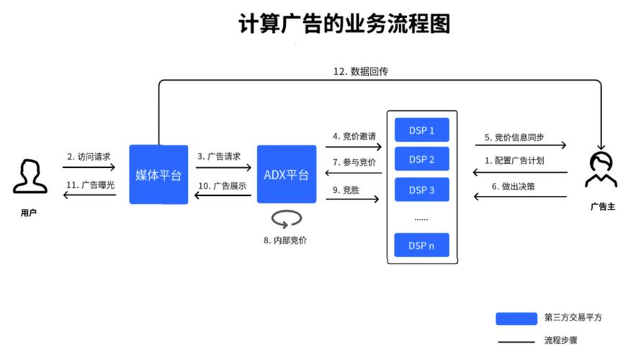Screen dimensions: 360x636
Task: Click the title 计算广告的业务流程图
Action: pos(344,24)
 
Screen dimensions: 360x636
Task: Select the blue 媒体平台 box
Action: pos(158,174)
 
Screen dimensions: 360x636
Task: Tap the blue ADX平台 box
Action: pos(286,174)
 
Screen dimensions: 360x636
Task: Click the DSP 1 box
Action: pos(421,130)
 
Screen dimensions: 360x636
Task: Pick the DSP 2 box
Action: pos(421,159)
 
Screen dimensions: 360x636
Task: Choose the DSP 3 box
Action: pos(421,189)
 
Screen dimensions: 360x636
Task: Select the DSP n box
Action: pos(421,245)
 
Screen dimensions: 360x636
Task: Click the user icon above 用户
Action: pos(29,176)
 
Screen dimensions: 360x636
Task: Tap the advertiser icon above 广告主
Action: pos(601,170)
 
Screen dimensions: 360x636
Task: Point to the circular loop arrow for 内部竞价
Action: pos(286,217)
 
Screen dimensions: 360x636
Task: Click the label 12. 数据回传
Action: pos(361,71)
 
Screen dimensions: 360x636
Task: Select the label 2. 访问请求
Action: pos(89,156)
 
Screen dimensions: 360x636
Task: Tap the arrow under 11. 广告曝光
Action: pos(89,195)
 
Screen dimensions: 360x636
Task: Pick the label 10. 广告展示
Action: pos(222,185)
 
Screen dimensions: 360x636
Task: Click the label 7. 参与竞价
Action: pos(354,161)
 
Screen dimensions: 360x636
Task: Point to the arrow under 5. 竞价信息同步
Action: pos(519,146)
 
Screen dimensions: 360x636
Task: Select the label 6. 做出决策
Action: pos(514,185)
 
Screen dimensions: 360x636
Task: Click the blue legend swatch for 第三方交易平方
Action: pos(516,318)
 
